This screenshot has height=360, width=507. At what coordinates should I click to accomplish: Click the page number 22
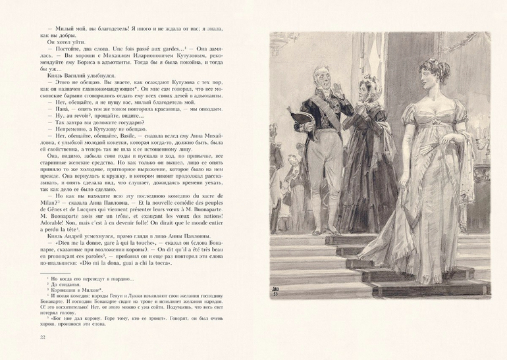25,338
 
